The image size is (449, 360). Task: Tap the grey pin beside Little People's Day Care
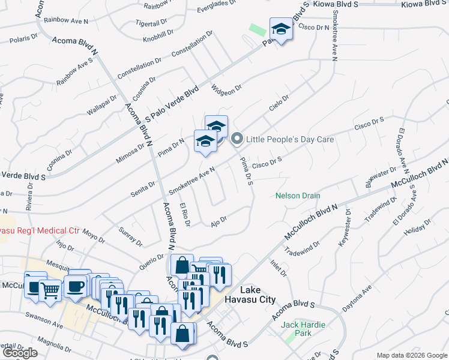coord(237,139)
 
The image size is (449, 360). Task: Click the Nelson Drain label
coord(298,196)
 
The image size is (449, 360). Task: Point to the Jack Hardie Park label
coord(303,328)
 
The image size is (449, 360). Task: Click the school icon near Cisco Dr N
coord(280,28)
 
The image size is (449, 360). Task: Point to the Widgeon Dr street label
coord(226,88)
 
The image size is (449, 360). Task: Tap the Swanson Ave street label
coord(44,319)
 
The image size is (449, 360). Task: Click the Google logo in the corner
coord(20,353)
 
